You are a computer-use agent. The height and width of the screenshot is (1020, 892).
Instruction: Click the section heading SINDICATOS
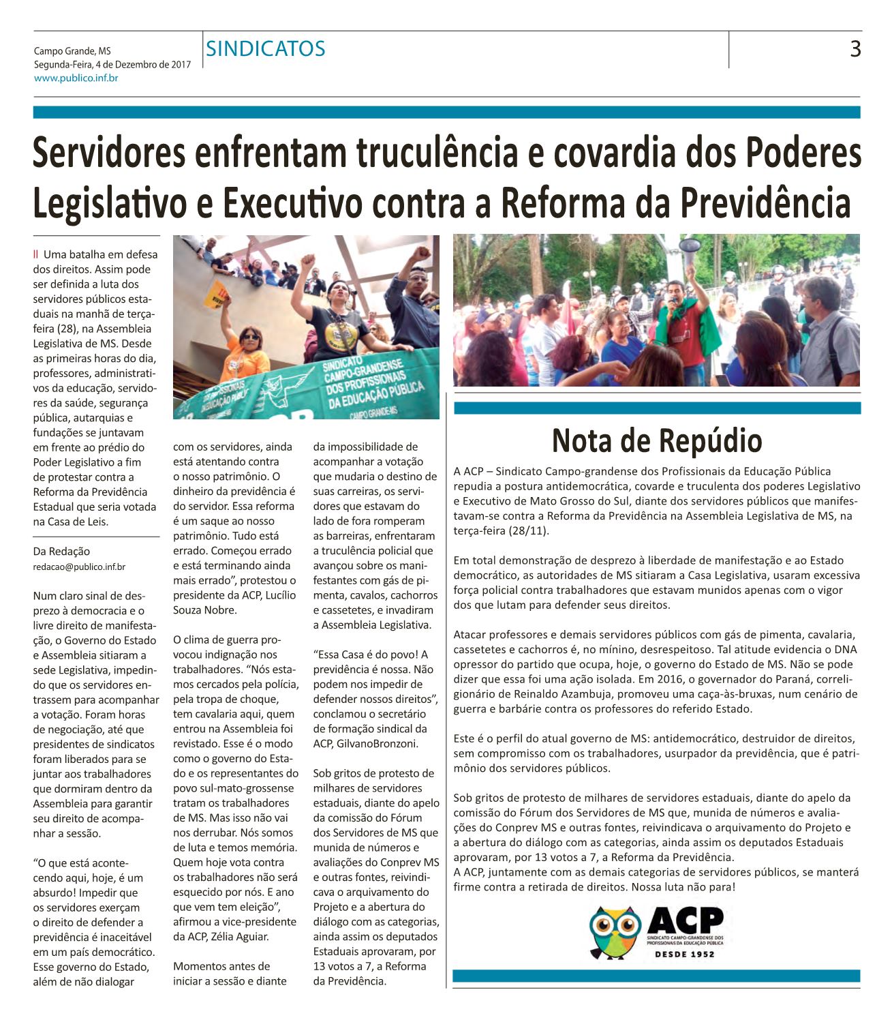pyautogui.click(x=266, y=49)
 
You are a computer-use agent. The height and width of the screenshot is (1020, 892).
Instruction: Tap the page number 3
pyautogui.click(x=855, y=49)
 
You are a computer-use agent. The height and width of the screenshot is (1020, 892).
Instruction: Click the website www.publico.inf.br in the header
pyautogui.click(x=76, y=78)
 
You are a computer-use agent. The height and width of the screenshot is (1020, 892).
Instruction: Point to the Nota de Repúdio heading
pyautogui.click(x=657, y=440)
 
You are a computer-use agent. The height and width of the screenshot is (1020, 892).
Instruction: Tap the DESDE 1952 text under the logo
pyautogui.click(x=685, y=954)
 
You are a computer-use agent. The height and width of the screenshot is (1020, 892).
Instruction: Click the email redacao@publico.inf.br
pyautogui.click(x=79, y=567)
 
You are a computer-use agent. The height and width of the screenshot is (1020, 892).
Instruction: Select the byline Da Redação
pyautogui.click(x=61, y=552)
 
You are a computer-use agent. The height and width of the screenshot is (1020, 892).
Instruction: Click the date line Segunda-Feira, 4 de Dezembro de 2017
pyautogui.click(x=112, y=65)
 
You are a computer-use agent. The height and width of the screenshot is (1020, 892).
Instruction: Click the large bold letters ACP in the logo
pyautogui.click(x=685, y=920)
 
